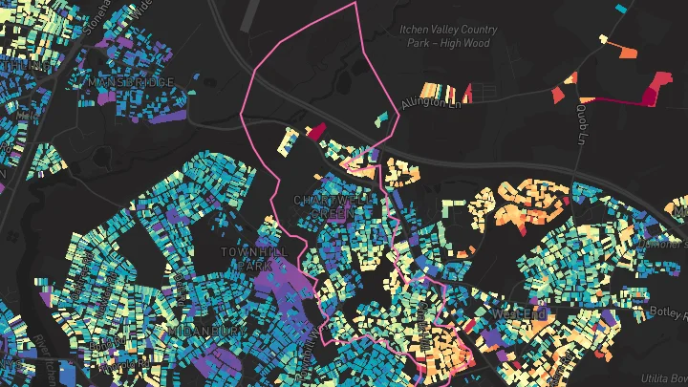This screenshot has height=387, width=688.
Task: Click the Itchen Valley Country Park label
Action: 445,36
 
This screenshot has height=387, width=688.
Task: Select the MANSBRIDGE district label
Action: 132,83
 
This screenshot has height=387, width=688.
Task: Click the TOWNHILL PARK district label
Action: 247,257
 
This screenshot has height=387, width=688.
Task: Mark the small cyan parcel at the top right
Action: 622,9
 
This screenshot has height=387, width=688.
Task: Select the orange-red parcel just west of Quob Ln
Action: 561,93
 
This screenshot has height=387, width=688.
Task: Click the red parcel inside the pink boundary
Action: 314,132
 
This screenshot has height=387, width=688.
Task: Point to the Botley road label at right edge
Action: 673,312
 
